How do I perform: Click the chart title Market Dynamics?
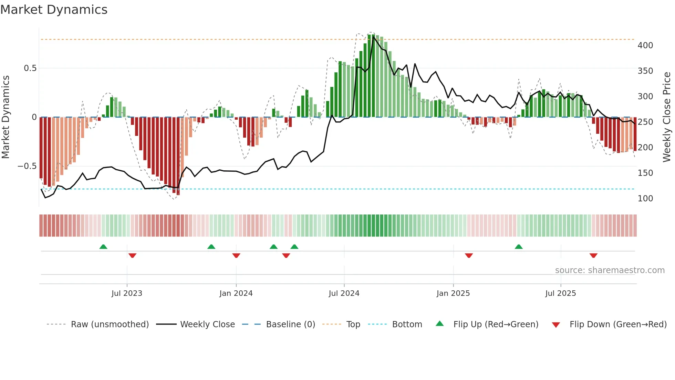click(54, 10)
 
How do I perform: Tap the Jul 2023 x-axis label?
click(127, 293)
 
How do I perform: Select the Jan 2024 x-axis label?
click(236, 293)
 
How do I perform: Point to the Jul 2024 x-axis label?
click(344, 293)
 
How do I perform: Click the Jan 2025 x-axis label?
click(453, 293)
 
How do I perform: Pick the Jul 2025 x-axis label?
click(560, 293)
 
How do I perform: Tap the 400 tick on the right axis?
click(645, 46)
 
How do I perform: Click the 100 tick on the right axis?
click(645, 199)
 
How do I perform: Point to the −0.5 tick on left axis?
click(27, 166)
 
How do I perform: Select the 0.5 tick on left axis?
click(30, 68)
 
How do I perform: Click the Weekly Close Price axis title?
click(667, 117)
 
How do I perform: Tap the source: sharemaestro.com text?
click(610, 270)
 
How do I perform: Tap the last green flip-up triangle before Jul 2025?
click(519, 247)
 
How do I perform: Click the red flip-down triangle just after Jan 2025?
click(469, 256)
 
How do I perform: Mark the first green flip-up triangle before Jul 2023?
click(103, 247)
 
